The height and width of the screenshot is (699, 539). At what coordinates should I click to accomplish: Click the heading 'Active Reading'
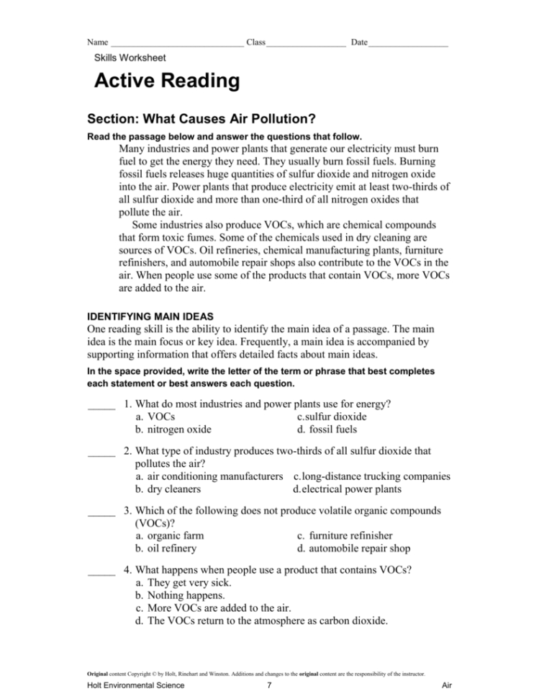coord(167,81)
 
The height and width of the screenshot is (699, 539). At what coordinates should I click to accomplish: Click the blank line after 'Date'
coord(408,45)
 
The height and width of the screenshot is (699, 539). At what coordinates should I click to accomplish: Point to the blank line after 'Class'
coord(306,45)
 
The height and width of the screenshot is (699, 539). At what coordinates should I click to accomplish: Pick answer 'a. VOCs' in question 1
coord(154,417)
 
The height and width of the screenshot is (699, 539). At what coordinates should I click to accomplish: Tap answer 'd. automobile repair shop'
coord(353,548)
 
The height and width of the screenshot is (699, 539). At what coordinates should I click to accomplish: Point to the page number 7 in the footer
coord(268,685)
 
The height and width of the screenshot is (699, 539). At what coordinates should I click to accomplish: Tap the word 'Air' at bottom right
coord(445,685)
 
